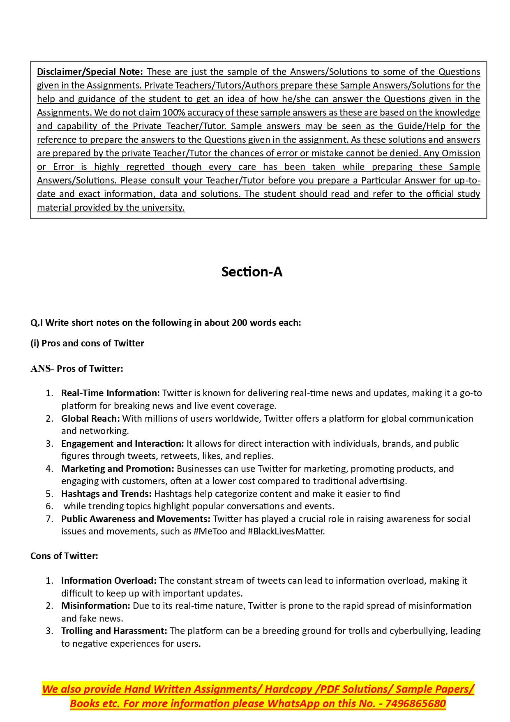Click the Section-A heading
pos(252,272)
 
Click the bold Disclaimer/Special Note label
pos(90,72)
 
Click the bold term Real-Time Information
pos(110,393)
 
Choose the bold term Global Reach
pos(90,418)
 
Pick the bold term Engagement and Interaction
pos(122,443)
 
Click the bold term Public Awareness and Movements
pos(136,519)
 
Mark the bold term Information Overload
pos(108,580)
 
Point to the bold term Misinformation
pos(95,606)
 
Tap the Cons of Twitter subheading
pos(64,556)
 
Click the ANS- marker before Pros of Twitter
pos(42,369)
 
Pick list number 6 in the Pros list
pos(49,506)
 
